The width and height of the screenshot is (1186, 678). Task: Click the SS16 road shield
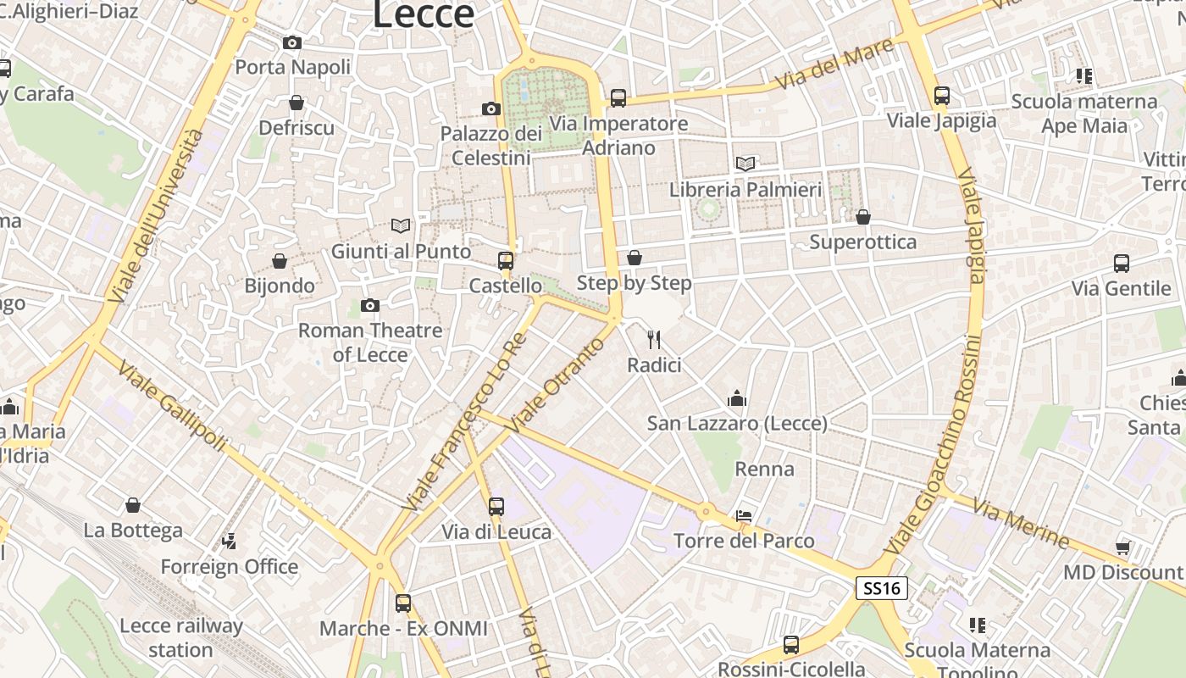pyautogui.click(x=881, y=588)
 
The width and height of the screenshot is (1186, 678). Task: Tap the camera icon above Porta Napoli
pyautogui.click(x=292, y=42)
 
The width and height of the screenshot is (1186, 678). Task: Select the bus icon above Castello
pyautogui.click(x=506, y=261)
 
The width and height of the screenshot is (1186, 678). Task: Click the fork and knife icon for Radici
pyautogui.click(x=653, y=340)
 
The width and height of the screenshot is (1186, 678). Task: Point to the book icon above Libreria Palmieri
pyautogui.click(x=745, y=164)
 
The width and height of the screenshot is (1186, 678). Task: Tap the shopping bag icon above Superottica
pyautogui.click(x=863, y=218)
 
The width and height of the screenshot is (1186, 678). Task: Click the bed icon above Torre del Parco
pyautogui.click(x=744, y=515)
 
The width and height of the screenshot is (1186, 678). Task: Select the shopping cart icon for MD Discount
pyautogui.click(x=1123, y=547)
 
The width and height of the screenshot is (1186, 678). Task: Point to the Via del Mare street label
pyautogui.click(x=834, y=64)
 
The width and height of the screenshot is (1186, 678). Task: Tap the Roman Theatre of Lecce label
pyautogui.click(x=370, y=342)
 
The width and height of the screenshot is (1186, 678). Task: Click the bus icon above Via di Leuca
pyautogui.click(x=496, y=507)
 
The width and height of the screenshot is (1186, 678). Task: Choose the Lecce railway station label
pyautogui.click(x=181, y=638)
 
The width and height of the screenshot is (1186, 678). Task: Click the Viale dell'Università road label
pyautogui.click(x=157, y=216)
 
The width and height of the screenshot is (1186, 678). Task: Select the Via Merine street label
pyautogui.click(x=1021, y=522)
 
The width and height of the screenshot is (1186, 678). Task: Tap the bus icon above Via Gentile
pyautogui.click(x=1122, y=264)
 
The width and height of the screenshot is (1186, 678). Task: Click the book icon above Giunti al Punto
pyautogui.click(x=401, y=225)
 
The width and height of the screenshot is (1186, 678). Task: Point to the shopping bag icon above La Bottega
pyautogui.click(x=133, y=506)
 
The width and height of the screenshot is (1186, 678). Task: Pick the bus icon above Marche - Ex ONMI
pyautogui.click(x=403, y=603)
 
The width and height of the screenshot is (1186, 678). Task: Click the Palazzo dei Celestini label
pyautogui.click(x=491, y=146)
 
